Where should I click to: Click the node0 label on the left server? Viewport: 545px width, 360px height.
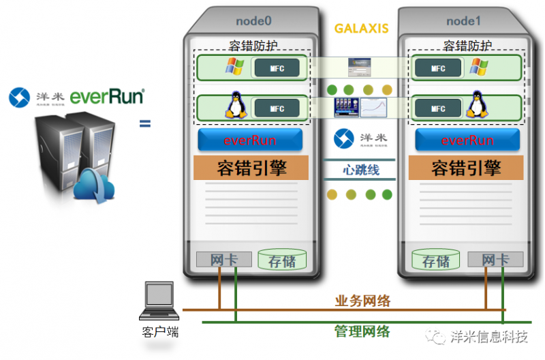tap(254, 21)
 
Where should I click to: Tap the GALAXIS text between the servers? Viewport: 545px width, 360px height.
tap(361, 29)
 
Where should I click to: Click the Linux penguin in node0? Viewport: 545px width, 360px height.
tap(235, 108)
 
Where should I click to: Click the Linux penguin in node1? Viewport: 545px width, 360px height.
tap(475, 108)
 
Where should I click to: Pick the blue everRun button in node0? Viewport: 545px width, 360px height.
tap(250, 140)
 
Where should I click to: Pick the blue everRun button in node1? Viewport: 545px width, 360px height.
tap(467, 140)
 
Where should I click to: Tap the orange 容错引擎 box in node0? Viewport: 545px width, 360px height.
tap(251, 168)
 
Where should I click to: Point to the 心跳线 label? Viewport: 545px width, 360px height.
tap(360, 170)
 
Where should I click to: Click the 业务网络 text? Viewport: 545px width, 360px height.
tap(363, 301)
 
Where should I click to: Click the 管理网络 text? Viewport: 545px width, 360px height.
tap(362, 331)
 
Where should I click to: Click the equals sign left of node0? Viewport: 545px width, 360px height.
tap(144, 123)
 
